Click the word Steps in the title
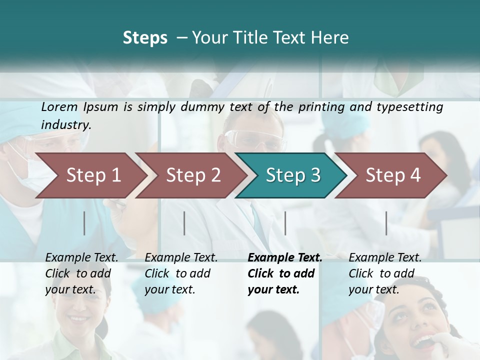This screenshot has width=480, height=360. [145, 38]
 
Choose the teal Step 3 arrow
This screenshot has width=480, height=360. [293, 175]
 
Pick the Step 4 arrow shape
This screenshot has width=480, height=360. [393, 175]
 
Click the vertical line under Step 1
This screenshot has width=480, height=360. [84, 223]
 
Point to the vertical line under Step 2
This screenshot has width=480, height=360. [184, 223]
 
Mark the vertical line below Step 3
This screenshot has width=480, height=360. [285, 223]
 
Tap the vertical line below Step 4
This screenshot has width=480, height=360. [386, 223]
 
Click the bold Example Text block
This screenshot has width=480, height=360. [284, 273]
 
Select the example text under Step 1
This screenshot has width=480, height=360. [81, 273]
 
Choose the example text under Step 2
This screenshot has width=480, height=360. [181, 273]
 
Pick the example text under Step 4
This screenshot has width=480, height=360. [384, 273]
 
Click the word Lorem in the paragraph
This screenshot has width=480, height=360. [59, 107]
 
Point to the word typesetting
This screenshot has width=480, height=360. [413, 107]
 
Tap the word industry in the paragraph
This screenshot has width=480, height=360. [65, 124]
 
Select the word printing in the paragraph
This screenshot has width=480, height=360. [319, 107]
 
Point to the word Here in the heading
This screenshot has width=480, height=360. [330, 38]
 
